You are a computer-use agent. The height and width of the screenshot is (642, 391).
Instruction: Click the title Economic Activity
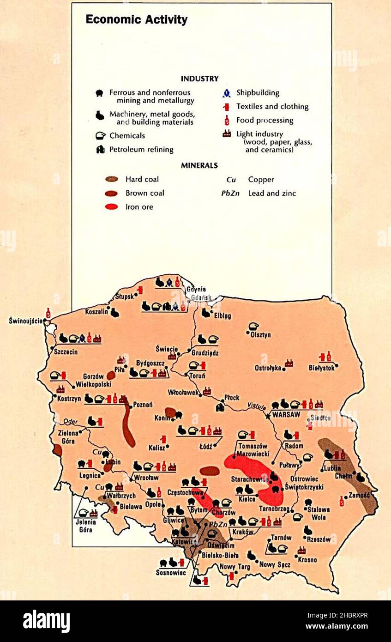click(137, 20)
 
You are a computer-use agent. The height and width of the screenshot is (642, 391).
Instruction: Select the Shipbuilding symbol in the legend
click(226, 93)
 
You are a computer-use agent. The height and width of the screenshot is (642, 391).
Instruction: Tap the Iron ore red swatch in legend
click(111, 207)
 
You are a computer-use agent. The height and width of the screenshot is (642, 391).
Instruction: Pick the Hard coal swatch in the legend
click(111, 179)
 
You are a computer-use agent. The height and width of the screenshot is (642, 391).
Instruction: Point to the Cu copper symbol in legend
click(231, 180)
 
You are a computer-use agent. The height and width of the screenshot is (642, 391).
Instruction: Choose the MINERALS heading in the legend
click(199, 165)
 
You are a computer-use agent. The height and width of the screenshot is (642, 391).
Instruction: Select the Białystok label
click(321, 368)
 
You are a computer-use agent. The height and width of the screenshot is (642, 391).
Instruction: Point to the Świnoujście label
click(26, 321)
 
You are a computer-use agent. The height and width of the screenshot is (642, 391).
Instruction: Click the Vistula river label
click(256, 406)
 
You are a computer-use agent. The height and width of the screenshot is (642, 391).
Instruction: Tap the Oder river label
click(70, 421)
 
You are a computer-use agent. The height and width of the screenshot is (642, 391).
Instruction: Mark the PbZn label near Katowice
click(218, 525)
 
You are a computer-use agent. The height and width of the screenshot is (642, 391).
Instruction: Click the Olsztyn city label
click(260, 335)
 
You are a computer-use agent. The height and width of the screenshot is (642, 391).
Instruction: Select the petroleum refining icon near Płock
click(220, 407)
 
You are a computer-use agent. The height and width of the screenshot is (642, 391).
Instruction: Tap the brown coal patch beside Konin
click(170, 412)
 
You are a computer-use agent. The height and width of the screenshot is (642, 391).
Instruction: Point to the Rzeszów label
click(319, 539)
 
